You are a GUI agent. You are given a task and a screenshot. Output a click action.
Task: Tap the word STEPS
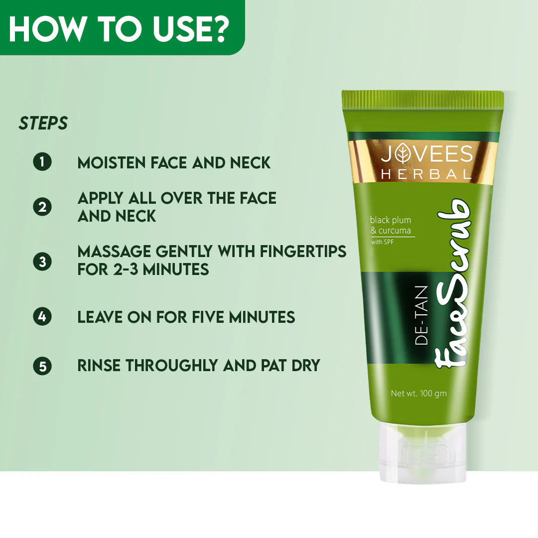point(43,124)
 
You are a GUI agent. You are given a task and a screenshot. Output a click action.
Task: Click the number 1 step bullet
point(42,162)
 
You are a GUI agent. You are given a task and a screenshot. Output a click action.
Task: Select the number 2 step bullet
point(42,207)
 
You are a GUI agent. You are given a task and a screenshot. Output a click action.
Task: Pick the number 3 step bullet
point(42,262)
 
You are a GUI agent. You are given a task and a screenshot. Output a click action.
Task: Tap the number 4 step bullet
point(42,316)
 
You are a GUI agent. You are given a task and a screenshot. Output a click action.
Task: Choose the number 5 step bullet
point(42,366)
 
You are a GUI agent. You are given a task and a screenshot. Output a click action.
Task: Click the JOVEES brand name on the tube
point(426,154)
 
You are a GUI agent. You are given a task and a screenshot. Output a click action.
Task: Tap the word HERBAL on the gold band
point(426,174)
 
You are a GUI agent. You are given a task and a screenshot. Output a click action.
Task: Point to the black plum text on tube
point(390,220)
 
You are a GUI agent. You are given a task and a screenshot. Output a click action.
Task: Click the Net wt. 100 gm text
point(418,394)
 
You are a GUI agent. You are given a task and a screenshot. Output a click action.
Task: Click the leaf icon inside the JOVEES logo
point(401,154)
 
